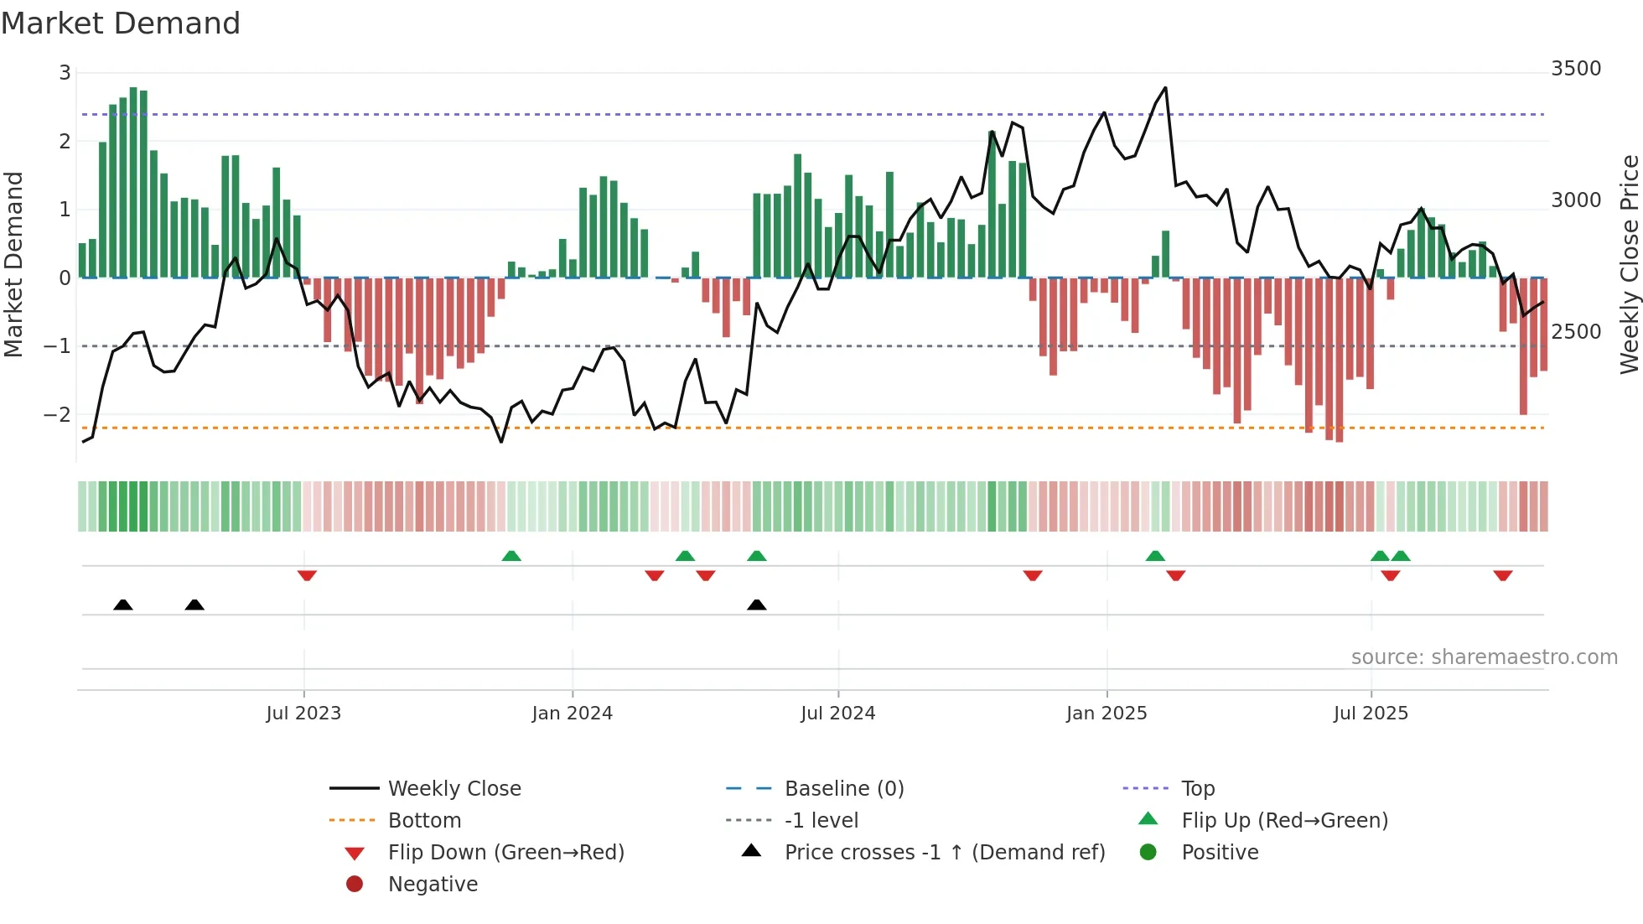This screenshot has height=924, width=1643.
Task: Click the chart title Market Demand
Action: [121, 23]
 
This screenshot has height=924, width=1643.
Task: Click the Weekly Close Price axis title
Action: [1629, 264]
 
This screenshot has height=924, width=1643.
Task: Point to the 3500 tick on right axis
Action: [1575, 69]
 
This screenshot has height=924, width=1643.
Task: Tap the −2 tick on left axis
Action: [57, 414]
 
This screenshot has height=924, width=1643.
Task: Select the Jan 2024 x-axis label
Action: [572, 714]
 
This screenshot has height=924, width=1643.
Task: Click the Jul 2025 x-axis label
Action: [1371, 714]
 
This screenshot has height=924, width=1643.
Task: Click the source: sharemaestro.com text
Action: [1484, 657]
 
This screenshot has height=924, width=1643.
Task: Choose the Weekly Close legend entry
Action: [454, 789]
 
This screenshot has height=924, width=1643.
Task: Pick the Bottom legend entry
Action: [424, 821]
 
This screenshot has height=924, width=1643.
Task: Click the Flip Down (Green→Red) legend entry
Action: [505, 853]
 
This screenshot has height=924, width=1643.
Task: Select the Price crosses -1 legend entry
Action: [944, 853]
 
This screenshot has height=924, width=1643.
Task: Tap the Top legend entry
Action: [1197, 789]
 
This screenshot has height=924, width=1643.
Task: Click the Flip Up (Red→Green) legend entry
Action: [1284, 821]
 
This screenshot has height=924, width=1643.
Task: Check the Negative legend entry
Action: [433, 885]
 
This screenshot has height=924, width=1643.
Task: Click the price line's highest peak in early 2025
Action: [1164, 88]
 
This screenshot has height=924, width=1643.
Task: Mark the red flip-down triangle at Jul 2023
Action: [307, 575]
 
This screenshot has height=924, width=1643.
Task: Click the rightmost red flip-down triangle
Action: [1502, 575]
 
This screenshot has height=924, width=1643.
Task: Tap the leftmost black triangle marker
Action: [123, 605]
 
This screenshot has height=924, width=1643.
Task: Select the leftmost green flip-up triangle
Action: [511, 556]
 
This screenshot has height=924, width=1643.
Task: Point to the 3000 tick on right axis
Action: [1575, 200]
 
